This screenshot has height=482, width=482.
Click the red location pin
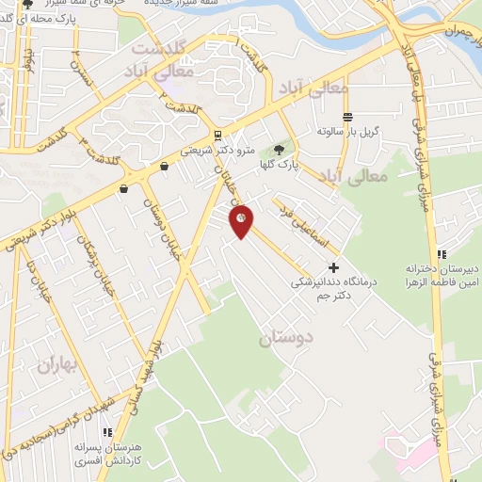(x=242, y=221)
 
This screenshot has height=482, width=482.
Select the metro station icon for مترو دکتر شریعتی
(x=217, y=135)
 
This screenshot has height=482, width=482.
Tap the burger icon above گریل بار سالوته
(x=347, y=117)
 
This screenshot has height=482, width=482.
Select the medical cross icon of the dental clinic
(x=332, y=267)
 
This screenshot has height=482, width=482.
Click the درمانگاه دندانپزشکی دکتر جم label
(x=315, y=289)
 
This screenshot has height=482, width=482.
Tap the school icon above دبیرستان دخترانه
(x=441, y=253)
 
